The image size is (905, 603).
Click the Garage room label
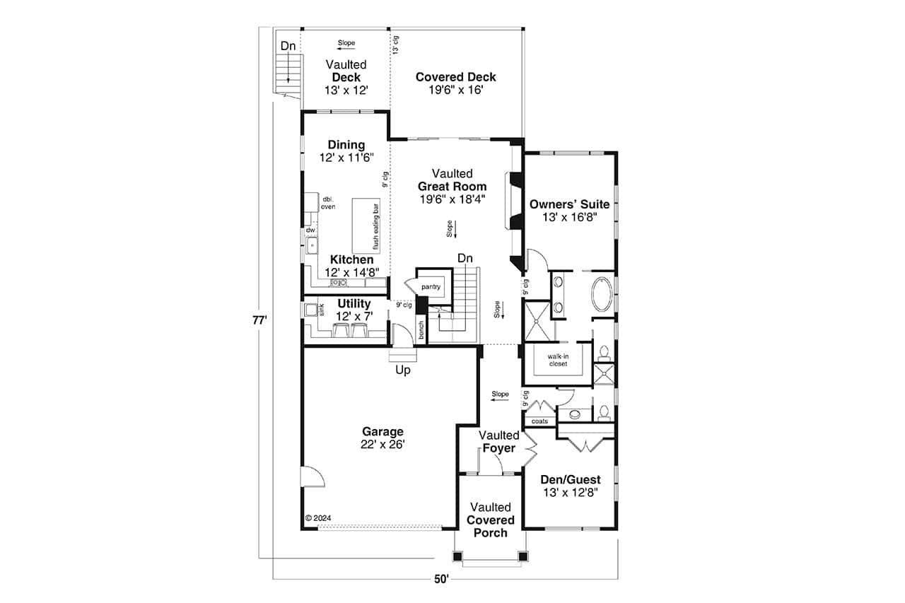click(x=383, y=431)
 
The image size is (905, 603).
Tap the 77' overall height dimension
click(x=259, y=320)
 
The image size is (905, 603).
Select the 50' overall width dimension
click(x=442, y=579)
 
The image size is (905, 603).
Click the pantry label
click(x=431, y=287)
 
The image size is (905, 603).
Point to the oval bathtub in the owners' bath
click(x=603, y=294)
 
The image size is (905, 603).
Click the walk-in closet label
click(x=558, y=360)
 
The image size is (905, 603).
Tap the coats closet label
click(x=539, y=421)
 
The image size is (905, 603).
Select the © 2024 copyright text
click(x=318, y=517)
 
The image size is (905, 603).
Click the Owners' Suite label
click(x=569, y=204)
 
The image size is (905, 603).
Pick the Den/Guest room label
click(x=571, y=479)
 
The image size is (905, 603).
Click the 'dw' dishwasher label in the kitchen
click(x=310, y=230)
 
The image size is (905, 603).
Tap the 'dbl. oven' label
click(x=328, y=203)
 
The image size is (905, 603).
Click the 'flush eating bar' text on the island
click(x=375, y=226)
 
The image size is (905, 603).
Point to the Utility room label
click(x=354, y=303)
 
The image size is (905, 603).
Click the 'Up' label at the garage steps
click(x=403, y=370)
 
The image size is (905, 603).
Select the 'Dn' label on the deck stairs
click(x=288, y=46)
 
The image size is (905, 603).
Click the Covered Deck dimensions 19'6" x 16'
click(x=456, y=90)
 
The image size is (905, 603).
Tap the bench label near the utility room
click(x=421, y=330)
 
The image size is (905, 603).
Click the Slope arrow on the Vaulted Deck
click(x=346, y=49)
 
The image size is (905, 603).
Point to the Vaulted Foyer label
click(x=499, y=441)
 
